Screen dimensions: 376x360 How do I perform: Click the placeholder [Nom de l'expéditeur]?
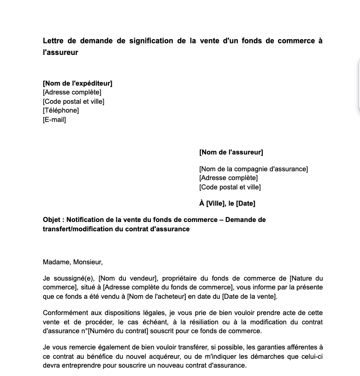(77, 83)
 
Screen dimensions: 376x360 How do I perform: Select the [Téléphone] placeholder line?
(61, 110)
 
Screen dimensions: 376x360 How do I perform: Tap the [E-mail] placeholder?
(54, 120)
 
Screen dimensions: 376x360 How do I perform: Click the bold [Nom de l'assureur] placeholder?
(231, 152)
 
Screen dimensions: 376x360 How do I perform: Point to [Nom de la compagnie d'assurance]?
(253, 169)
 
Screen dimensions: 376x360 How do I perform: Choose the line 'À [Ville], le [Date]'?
(227, 203)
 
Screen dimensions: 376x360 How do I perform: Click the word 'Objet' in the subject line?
(52, 220)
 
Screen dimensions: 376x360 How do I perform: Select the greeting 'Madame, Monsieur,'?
(73, 262)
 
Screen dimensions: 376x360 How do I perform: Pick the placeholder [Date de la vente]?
(249, 296)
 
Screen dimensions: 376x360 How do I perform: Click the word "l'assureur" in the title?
(61, 53)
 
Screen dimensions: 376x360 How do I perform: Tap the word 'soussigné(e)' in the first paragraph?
(75, 278)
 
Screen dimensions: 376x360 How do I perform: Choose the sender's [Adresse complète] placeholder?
(72, 92)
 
